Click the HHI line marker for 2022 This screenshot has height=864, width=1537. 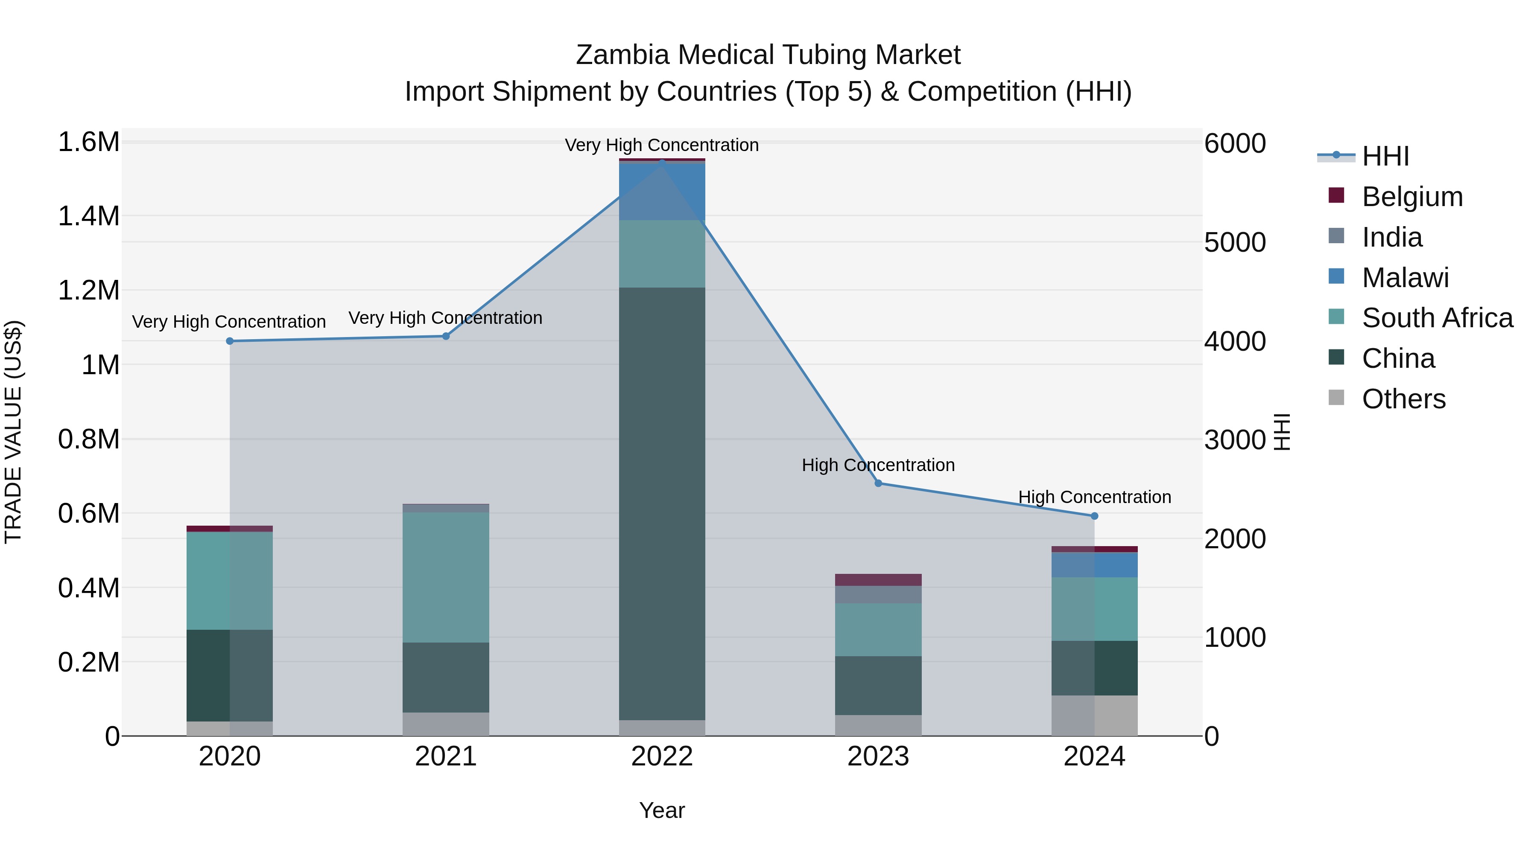[x=662, y=162]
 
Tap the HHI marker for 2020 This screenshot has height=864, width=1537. [x=230, y=341]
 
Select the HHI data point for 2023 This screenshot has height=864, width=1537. [x=878, y=483]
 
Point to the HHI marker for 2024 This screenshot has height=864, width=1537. [x=1094, y=516]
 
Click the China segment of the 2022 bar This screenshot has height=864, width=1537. [x=662, y=504]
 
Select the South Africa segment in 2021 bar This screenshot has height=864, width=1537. [x=446, y=577]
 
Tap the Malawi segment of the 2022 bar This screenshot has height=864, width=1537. [x=662, y=191]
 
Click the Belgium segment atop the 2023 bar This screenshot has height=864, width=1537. [x=878, y=579]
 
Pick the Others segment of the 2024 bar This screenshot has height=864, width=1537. [x=1094, y=716]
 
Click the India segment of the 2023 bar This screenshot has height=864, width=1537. [x=878, y=594]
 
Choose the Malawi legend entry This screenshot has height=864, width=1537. [x=1405, y=278]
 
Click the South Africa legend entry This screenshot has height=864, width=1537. [x=1437, y=318]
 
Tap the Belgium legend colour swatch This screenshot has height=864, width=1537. [x=1336, y=195]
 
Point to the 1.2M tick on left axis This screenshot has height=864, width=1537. [x=89, y=291]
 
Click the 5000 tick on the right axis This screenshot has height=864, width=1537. [x=1234, y=243]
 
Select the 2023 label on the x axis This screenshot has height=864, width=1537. [x=878, y=756]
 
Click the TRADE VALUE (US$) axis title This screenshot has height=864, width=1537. [x=14, y=432]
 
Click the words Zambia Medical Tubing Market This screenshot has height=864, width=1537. [x=768, y=55]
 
